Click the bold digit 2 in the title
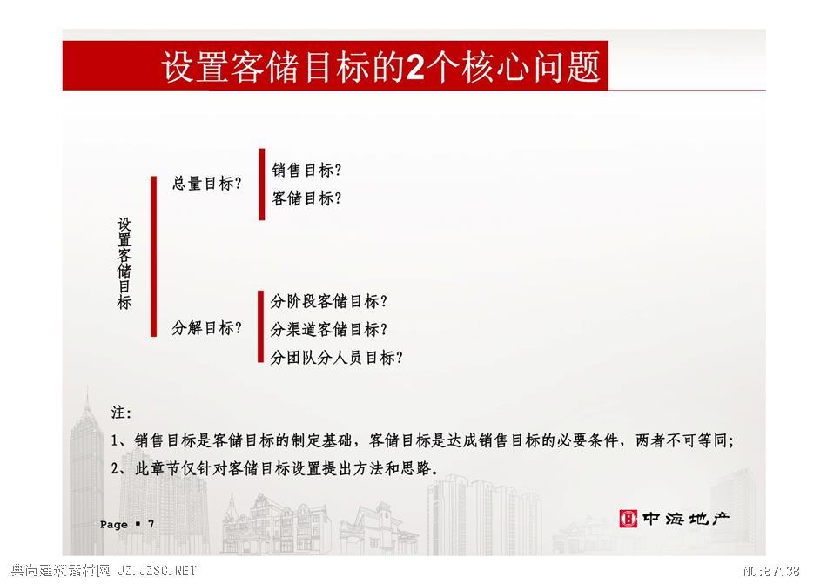pos(415,67)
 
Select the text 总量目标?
pos(207,184)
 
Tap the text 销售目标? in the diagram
pos(306,171)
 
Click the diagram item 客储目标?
pos(306,198)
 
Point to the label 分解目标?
pos(207,328)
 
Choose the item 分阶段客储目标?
pos(328,301)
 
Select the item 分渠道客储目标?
pos(328,329)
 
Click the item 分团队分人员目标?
pos(337,358)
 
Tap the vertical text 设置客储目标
pos(124,263)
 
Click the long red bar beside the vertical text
pos(153,256)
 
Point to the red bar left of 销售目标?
pos(262,184)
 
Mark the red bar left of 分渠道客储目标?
pos(260,326)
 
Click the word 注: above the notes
pos(121,413)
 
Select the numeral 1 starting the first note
pos(114,440)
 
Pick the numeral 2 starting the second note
pos(114,468)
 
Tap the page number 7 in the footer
pos(151,524)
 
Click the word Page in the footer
pos(114,525)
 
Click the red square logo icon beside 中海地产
pos(629,519)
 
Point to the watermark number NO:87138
pos(771,570)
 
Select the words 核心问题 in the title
pos(531,67)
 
